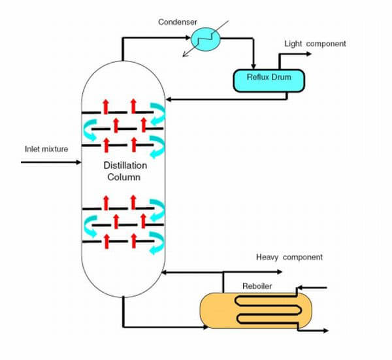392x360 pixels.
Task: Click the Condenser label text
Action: click(176, 22)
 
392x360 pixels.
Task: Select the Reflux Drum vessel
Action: click(269, 80)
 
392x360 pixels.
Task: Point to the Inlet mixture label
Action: click(46, 149)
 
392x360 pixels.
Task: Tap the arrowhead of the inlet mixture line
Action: click(76, 160)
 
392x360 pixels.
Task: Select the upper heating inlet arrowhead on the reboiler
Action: click(300, 287)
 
